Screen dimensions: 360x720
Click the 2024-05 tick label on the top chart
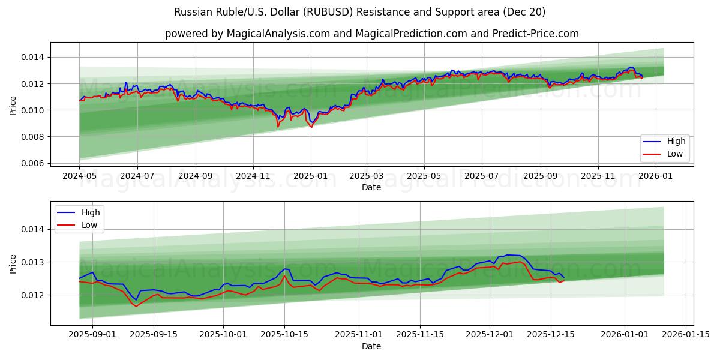(x=79, y=176)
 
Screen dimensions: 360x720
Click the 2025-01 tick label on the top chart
(x=311, y=176)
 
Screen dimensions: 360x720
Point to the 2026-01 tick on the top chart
(x=655, y=176)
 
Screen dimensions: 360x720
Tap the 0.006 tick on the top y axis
(x=32, y=163)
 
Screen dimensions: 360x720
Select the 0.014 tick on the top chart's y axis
(x=32, y=57)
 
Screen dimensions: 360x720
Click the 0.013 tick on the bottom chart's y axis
(x=32, y=262)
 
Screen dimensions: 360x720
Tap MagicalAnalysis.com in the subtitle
(x=278, y=34)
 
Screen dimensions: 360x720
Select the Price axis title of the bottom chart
(x=13, y=263)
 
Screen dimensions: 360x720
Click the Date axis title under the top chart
(x=371, y=187)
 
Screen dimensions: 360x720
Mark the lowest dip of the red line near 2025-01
(x=311, y=127)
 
